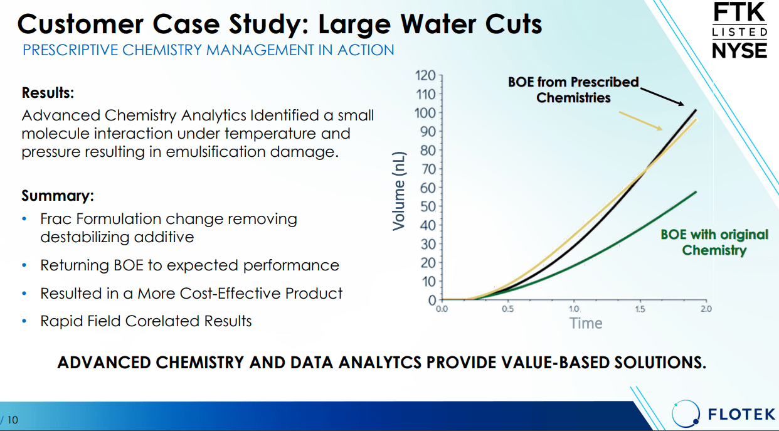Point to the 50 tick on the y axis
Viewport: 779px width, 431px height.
coord(428,206)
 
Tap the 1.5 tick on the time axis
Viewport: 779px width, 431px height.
coord(640,309)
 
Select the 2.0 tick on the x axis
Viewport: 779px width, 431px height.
coord(706,309)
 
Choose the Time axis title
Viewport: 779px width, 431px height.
coord(586,323)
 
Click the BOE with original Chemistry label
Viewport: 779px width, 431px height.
coord(714,242)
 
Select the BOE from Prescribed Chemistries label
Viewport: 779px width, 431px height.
coord(573,90)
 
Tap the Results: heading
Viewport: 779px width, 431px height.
coord(48,93)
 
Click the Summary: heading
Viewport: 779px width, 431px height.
coord(58,196)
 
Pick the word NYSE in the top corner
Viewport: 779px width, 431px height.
coord(740,50)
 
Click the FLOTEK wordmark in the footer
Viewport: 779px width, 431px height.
coord(741,414)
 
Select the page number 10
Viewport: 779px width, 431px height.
coord(13,419)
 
